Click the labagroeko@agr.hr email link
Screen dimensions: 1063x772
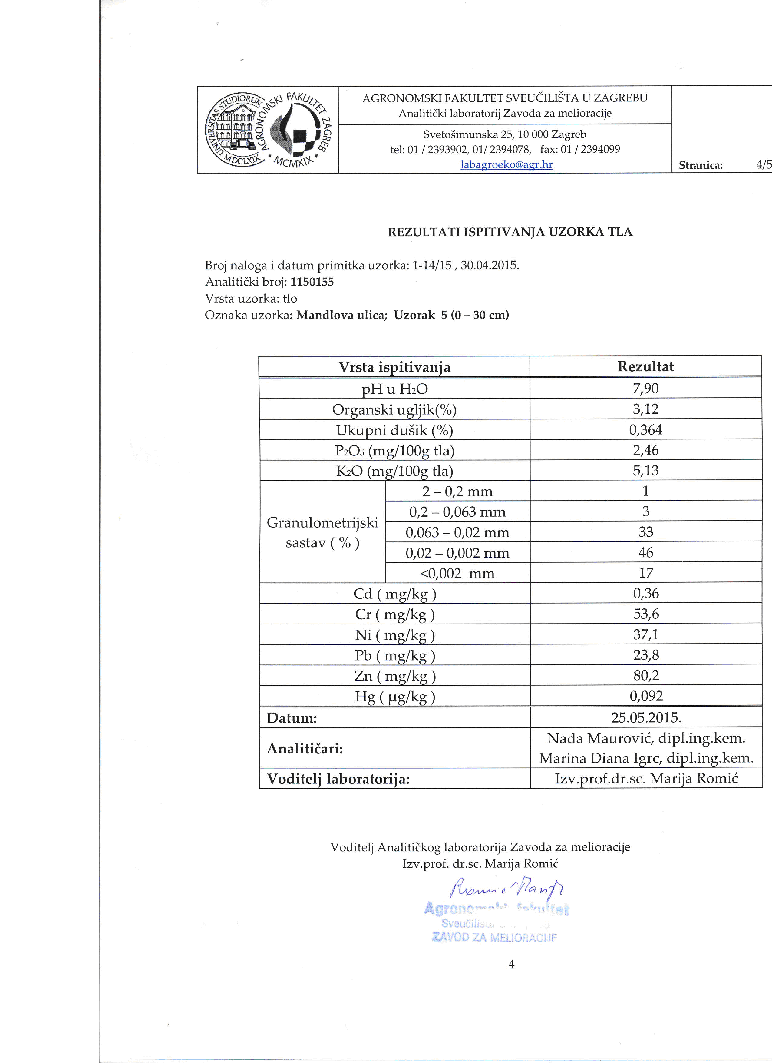pyautogui.click(x=506, y=164)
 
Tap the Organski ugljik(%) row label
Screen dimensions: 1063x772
pyautogui.click(x=394, y=410)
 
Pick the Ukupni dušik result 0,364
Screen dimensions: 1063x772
pyautogui.click(x=645, y=430)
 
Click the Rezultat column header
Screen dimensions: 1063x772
pyautogui.click(x=645, y=366)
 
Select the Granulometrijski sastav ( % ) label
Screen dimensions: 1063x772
pyautogui.click(x=322, y=532)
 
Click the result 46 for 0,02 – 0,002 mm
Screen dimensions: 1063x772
pyautogui.click(x=645, y=553)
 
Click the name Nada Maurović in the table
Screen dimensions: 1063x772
pyautogui.click(x=601, y=739)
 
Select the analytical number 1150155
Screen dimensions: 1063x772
pyautogui.click(x=312, y=282)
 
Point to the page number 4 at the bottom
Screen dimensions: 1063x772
pyautogui.click(x=511, y=964)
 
